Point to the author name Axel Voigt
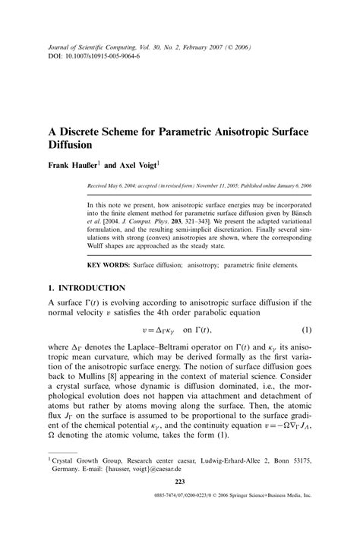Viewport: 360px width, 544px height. [x=135, y=163]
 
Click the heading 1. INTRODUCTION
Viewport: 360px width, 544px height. [x=86, y=288]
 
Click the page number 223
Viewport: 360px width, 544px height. [x=179, y=504]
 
